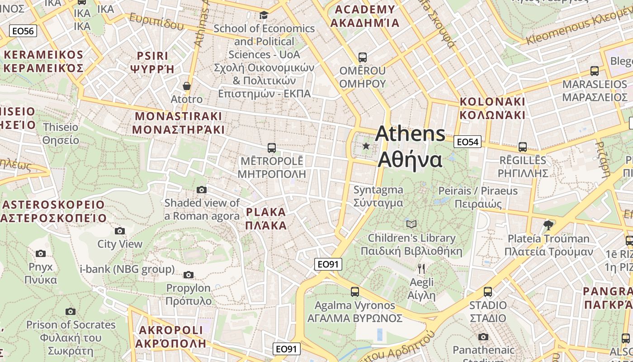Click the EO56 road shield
23,31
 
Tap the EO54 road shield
468,142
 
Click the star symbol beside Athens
366,146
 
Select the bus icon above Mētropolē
271,148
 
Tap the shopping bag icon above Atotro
186,86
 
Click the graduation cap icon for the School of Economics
264,15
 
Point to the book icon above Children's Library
411,224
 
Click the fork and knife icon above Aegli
421,269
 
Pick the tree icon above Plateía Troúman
548,225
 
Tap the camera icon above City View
120,231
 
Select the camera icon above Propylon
189,275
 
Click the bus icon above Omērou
362,57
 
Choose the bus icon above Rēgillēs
523,147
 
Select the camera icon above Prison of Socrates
70,311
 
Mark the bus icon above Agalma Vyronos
355,292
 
